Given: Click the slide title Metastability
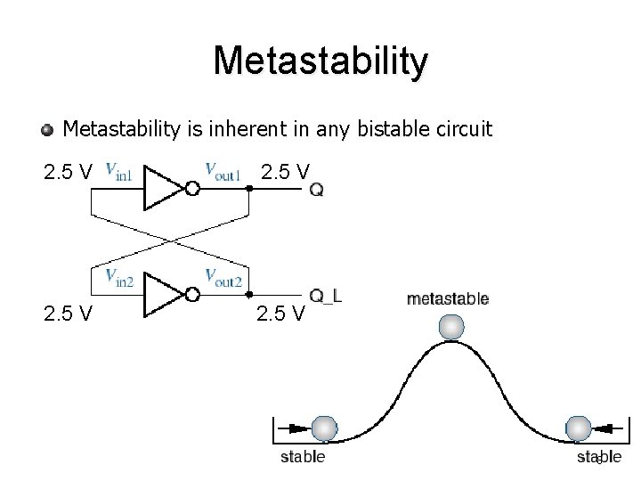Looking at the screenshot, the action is click(320, 61).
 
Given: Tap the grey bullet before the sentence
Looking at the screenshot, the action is click(47, 131).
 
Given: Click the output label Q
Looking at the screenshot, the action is click(317, 190).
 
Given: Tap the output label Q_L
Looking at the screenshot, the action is click(326, 296).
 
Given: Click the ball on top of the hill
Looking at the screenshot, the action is click(453, 327).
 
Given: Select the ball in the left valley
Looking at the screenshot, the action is click(324, 428).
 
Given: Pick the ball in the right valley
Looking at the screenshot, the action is click(579, 428).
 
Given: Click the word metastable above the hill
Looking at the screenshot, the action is click(447, 299).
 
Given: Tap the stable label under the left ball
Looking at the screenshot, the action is click(303, 458).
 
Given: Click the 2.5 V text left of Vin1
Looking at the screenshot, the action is click(68, 171).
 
